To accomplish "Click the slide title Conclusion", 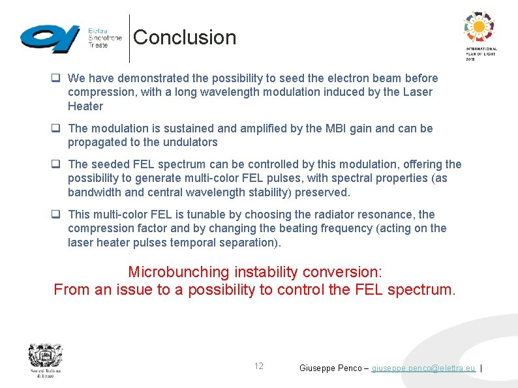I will (185, 37).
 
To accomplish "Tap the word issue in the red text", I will (134, 290).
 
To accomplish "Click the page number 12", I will (259, 366).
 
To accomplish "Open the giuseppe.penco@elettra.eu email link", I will (423, 368).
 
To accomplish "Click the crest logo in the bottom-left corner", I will (44, 359).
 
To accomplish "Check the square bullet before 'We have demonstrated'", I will (57, 78).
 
